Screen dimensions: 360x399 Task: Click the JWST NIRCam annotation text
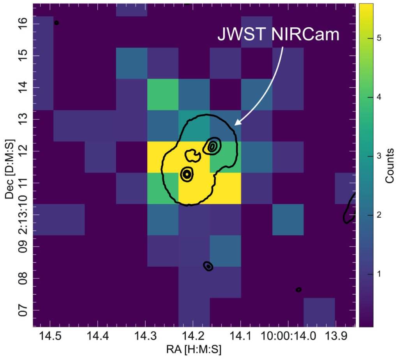[x=278, y=35]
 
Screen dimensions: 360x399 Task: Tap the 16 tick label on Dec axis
[x=24, y=24]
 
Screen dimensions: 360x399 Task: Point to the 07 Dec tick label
[x=24, y=310]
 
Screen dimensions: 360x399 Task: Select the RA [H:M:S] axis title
[x=194, y=349]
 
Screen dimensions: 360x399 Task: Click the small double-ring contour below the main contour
[x=208, y=266]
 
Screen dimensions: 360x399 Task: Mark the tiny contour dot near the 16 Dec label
[x=56, y=23]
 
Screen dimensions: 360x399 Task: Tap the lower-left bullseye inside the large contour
[x=187, y=174]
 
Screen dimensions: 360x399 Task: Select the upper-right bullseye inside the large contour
[x=213, y=146]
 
